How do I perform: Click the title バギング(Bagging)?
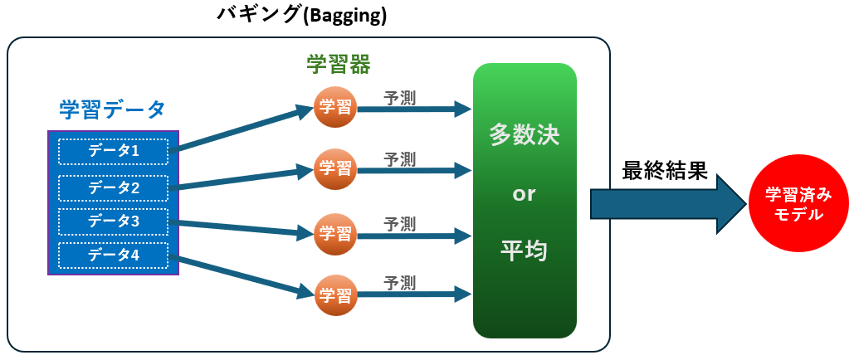pyautogui.click(x=300, y=16)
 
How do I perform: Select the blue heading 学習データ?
pyautogui.click(x=112, y=109)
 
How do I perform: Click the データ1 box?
pyautogui.click(x=113, y=152)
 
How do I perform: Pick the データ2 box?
pyautogui.click(x=113, y=187)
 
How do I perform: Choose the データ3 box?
pyautogui.click(x=113, y=221)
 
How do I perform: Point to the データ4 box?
pyautogui.click(x=113, y=255)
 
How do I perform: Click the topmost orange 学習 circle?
pyautogui.click(x=335, y=108)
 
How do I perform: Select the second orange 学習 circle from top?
pyautogui.click(x=335, y=169)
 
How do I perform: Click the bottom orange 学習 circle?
pyautogui.click(x=335, y=293)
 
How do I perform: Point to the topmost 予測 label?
pyautogui.click(x=399, y=98)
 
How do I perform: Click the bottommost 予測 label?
pyautogui.click(x=399, y=284)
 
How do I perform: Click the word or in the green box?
pyautogui.click(x=524, y=194)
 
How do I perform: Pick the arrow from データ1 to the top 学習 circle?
pyautogui.click(x=241, y=129)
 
